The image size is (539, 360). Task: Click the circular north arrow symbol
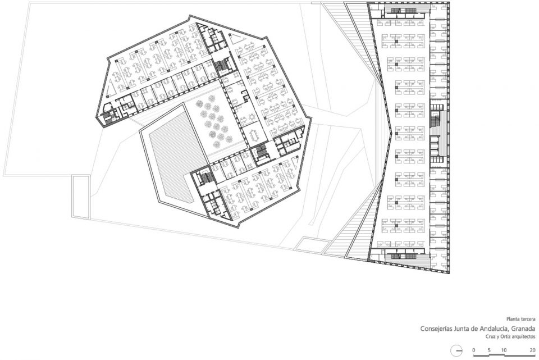(456, 350)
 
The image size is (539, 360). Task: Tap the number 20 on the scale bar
(532, 350)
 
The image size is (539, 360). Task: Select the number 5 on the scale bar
(489, 350)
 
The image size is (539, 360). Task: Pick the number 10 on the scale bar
(504, 350)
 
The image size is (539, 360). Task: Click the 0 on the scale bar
(474, 350)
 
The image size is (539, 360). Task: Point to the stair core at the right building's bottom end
(408, 256)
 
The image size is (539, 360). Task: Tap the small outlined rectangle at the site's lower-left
(81, 197)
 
